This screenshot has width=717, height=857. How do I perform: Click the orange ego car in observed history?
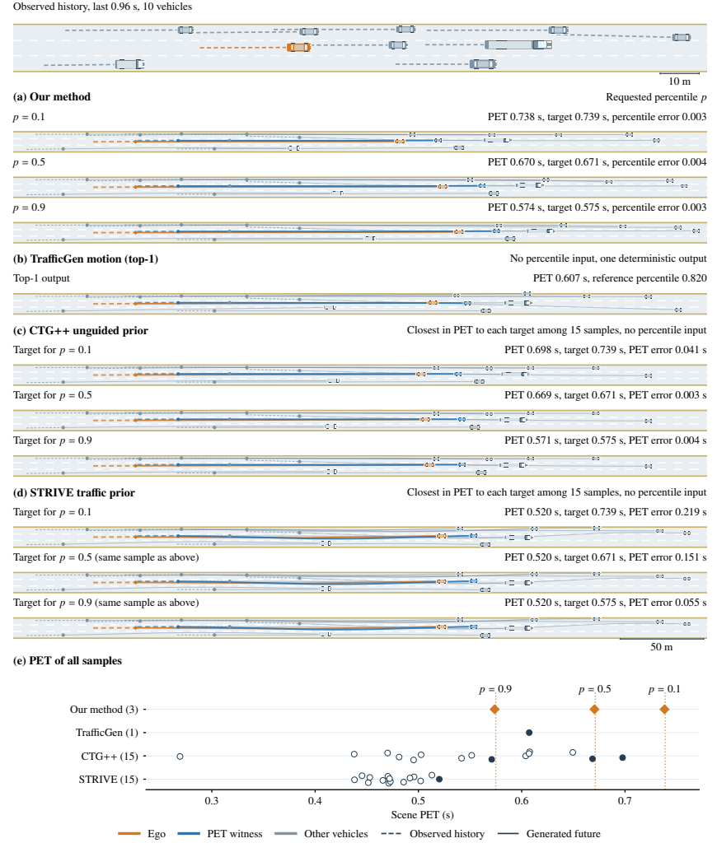[x=299, y=48]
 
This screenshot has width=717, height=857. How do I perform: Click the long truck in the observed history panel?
[x=518, y=44]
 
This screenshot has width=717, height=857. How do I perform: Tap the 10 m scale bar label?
[x=679, y=82]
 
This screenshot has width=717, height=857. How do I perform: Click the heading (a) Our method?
[x=52, y=97]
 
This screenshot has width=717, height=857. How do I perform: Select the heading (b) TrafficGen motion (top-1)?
[x=86, y=259]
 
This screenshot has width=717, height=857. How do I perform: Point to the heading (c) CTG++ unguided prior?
[x=81, y=331]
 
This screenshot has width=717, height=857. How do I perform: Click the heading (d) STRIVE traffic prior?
[x=74, y=492]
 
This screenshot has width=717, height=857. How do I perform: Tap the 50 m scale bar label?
[x=661, y=647]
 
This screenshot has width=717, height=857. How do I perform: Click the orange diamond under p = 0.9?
[x=494, y=710]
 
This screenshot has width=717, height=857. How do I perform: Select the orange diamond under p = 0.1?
[x=664, y=710]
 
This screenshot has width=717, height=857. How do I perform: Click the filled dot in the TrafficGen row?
[x=529, y=733]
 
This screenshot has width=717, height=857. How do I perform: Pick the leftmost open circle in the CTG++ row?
[x=180, y=757]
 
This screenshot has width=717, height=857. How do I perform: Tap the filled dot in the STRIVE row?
[x=439, y=780]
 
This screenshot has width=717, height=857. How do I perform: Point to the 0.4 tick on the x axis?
[x=315, y=801]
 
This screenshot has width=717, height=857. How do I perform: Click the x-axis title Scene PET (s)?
[x=422, y=815]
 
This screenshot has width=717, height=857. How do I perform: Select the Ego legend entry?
[x=142, y=834]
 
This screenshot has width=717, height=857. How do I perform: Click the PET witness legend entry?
[x=220, y=834]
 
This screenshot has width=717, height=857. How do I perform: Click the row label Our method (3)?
[x=104, y=710]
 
